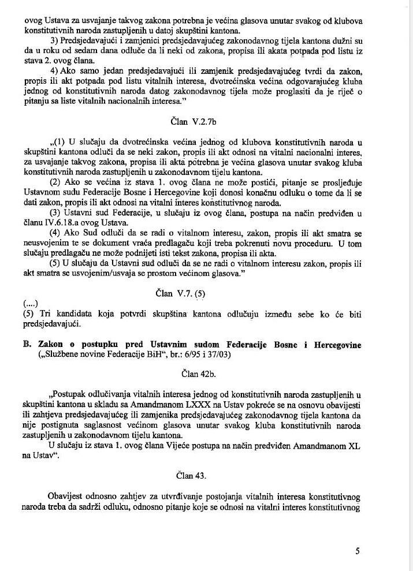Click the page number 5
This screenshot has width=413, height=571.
[358, 550]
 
